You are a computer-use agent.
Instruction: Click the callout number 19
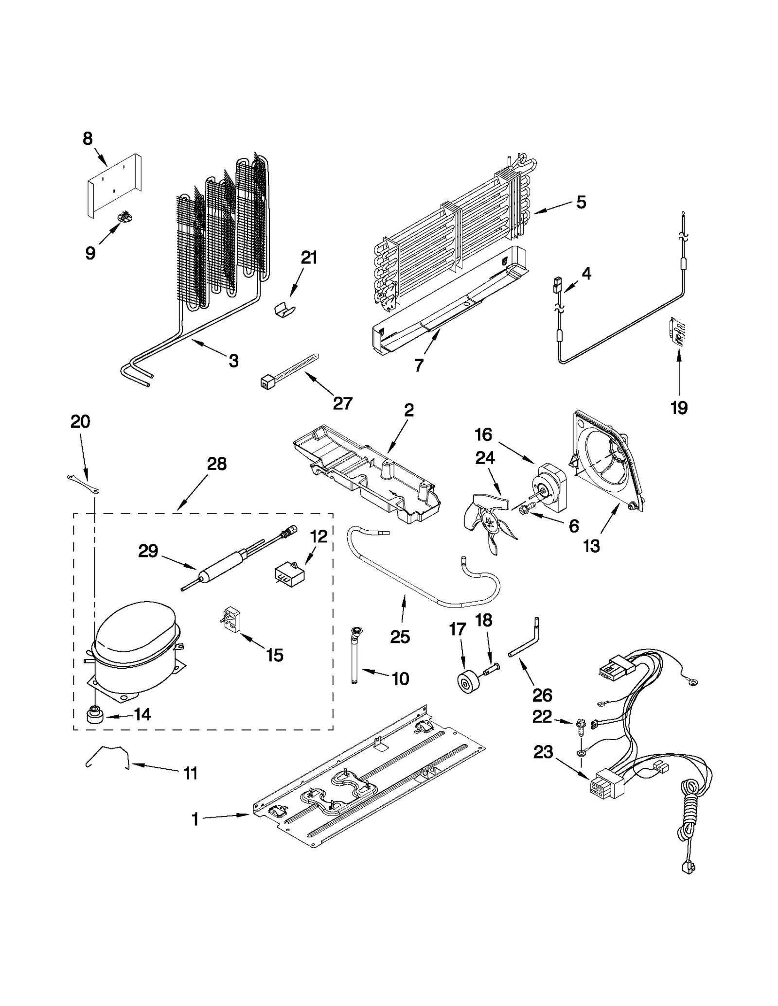pyautogui.click(x=679, y=407)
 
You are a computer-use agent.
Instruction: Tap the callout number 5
pyautogui.click(x=581, y=202)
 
